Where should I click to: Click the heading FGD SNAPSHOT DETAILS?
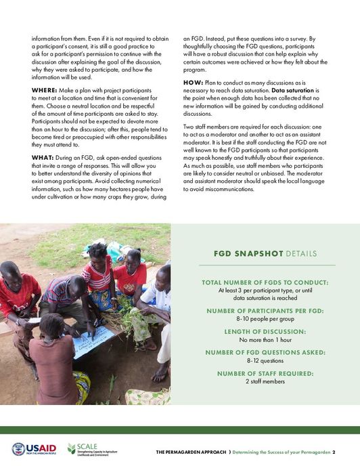(x=265, y=253)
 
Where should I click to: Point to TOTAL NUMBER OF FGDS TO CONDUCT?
(x=265, y=282)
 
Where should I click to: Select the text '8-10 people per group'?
(x=265, y=318)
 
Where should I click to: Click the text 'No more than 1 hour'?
(x=265, y=339)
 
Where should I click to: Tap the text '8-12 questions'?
(x=265, y=360)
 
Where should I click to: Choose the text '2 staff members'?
(x=265, y=381)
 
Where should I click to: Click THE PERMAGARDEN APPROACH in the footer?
(x=192, y=452)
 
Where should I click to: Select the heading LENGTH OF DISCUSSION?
(x=265, y=331)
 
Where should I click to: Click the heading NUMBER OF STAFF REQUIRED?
(x=265, y=373)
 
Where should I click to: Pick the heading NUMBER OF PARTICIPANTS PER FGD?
(x=265, y=310)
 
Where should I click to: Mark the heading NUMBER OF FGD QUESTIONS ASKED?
(x=265, y=352)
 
